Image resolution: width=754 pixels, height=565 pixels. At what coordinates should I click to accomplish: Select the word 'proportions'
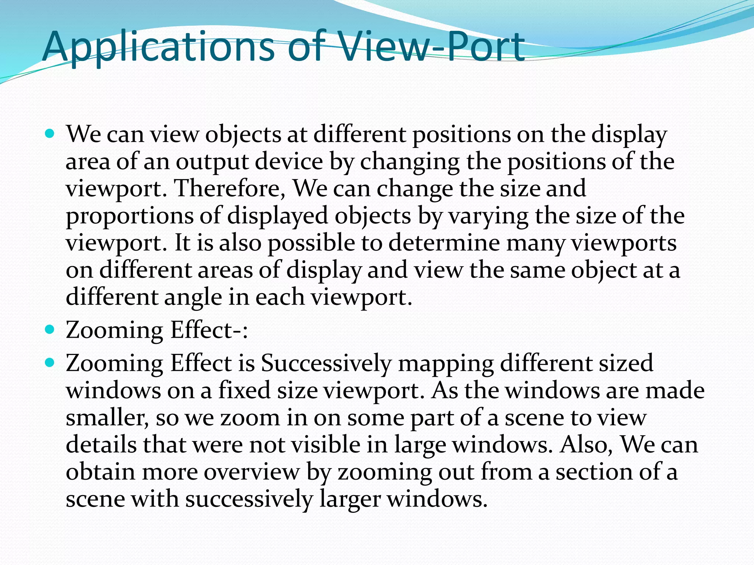130,216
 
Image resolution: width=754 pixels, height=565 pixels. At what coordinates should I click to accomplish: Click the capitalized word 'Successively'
326,363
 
